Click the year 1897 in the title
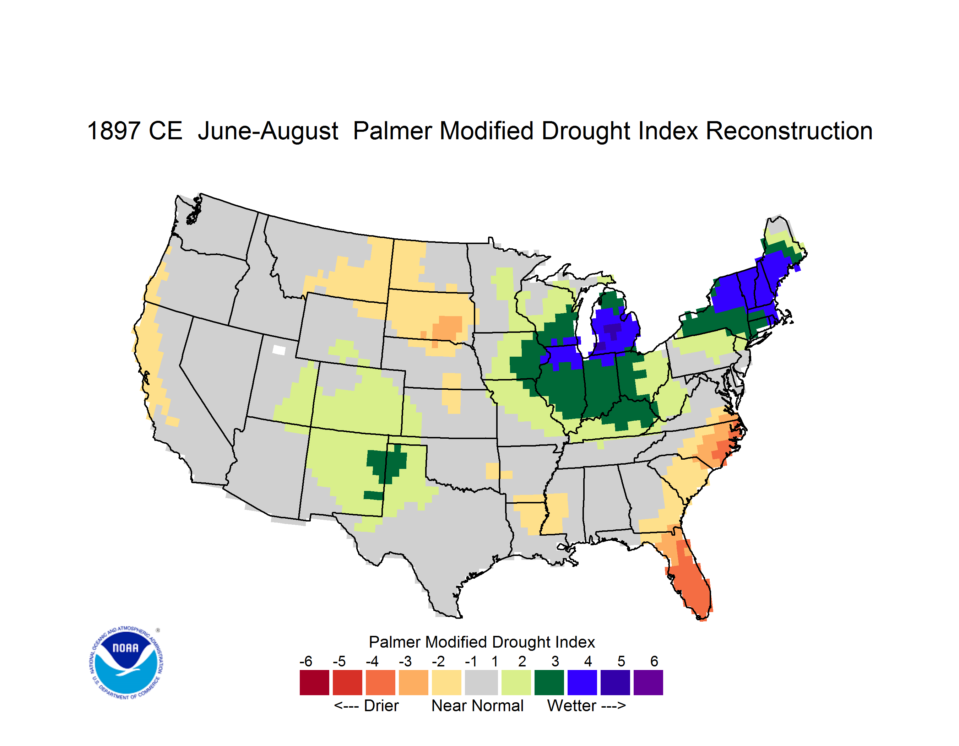point(113,131)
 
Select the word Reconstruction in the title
point(789,131)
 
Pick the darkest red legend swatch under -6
point(314,683)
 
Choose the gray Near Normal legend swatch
point(481,683)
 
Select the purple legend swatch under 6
point(648,683)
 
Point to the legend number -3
point(405,661)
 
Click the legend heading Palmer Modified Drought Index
point(482,642)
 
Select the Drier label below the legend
point(381,706)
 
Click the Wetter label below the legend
point(572,706)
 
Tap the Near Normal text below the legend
point(477,706)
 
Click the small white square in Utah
point(279,350)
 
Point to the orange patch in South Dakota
point(446,329)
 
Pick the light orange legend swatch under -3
point(413,683)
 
